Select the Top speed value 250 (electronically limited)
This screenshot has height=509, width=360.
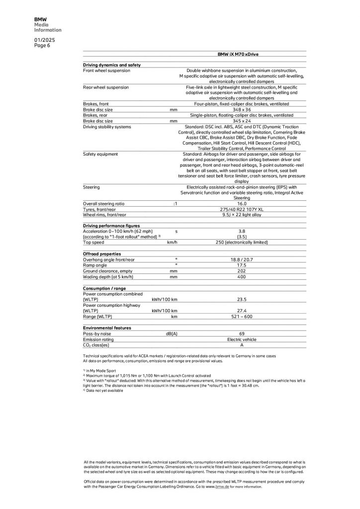tap(242, 243)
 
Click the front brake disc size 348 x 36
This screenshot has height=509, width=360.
tap(242, 109)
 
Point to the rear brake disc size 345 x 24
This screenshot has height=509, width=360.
tap(242, 121)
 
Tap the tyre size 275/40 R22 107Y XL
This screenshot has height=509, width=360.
tap(242, 209)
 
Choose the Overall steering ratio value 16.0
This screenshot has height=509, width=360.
tap(242, 204)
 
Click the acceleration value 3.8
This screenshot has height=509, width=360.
tap(242, 231)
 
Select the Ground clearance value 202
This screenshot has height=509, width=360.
tap(242, 271)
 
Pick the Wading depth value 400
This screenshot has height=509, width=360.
tap(242, 276)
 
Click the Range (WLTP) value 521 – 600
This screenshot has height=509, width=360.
tap(242, 316)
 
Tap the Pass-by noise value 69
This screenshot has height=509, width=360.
tap(242, 334)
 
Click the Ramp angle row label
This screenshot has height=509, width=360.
tap(95, 265)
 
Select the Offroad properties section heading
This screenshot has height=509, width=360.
tap(102, 254)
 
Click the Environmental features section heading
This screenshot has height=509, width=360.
tap(107, 328)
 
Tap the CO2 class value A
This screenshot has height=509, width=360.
tap(242, 345)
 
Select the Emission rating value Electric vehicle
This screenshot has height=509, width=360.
tap(242, 339)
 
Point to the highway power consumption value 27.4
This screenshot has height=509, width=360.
tap(242, 311)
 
